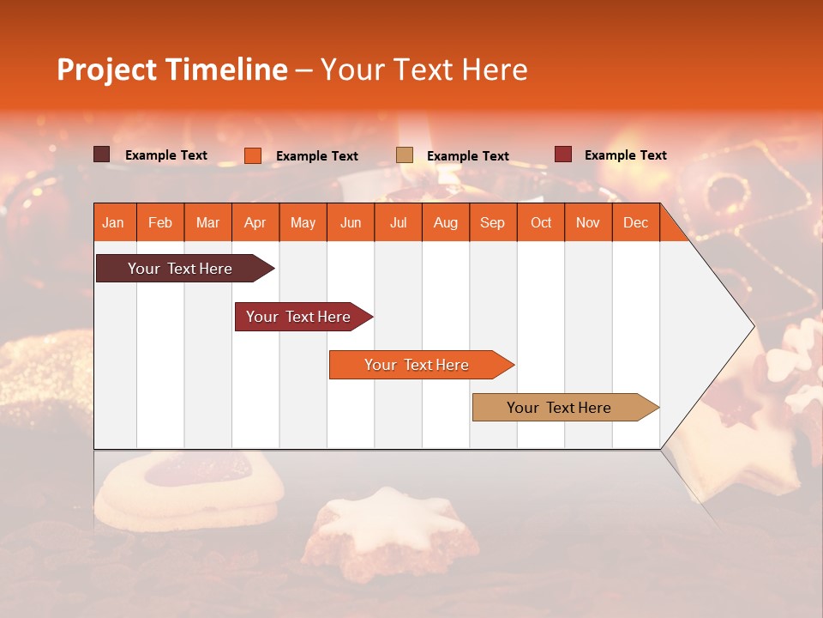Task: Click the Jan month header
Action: tap(113, 223)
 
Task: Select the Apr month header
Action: tap(255, 223)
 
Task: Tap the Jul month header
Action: tap(398, 223)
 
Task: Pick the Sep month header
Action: tap(492, 223)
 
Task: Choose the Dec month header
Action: tap(635, 223)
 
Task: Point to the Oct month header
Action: tap(541, 223)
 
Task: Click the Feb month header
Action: tap(160, 223)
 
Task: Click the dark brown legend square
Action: tap(102, 154)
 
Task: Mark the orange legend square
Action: tap(253, 155)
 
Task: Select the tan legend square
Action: tap(405, 154)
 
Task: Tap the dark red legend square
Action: tap(563, 154)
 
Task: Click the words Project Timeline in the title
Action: tap(171, 70)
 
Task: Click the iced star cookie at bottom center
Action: tap(394, 528)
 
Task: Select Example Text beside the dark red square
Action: tap(625, 155)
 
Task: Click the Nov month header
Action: tap(588, 223)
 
